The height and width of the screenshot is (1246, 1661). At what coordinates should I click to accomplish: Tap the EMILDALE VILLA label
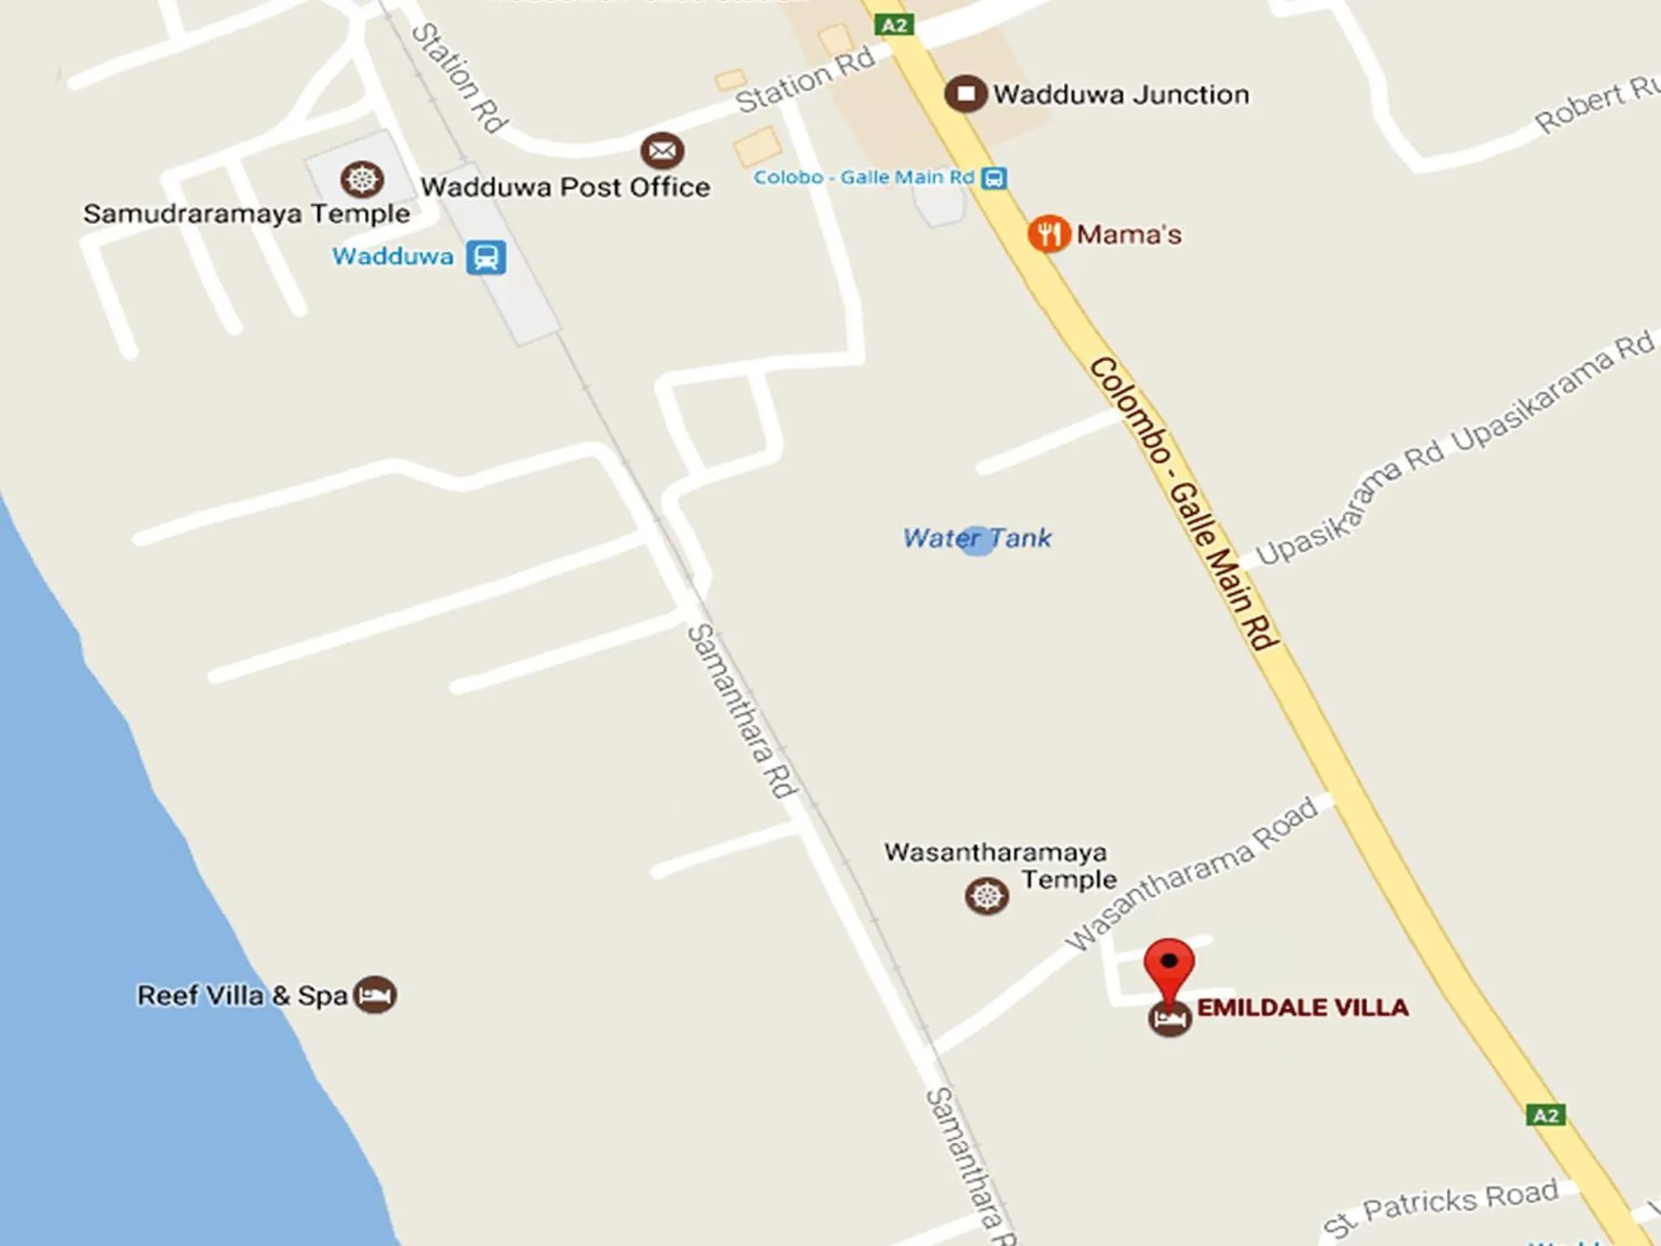pos(1303,1008)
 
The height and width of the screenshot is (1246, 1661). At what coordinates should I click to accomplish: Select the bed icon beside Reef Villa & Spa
pos(376,995)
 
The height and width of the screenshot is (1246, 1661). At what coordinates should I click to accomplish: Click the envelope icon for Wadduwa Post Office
pos(663,151)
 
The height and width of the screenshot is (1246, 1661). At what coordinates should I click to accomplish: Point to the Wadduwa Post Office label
pos(565,187)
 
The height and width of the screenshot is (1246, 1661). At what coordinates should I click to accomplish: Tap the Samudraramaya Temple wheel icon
pos(362,179)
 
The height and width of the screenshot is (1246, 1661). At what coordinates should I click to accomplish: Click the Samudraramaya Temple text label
pos(247,214)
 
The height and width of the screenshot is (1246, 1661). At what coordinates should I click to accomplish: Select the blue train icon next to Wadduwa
pos(486,257)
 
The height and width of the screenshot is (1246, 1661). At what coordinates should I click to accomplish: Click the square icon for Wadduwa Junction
pos(965,94)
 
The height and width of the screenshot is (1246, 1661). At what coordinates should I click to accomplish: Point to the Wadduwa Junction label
pos(1121,95)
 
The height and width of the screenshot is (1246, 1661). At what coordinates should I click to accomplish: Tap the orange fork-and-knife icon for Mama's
pos(1049,234)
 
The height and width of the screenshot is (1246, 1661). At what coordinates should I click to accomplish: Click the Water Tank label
pos(977,538)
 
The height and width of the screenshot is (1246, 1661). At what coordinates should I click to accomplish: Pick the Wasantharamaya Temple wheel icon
pos(986,896)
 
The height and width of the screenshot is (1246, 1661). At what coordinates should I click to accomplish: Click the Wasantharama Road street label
pos(1192,873)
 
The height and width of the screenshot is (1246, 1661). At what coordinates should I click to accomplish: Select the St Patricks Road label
pos(1441,1206)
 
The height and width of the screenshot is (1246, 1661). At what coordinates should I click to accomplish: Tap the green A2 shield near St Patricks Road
pos(1546,1115)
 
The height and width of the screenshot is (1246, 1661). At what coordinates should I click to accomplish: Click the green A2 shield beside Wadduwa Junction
pos(895,25)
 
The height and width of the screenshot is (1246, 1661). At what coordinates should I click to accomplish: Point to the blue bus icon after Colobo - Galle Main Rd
pos(994,178)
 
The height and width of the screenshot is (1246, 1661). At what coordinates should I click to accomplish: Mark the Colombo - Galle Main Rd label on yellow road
pos(1184,503)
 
